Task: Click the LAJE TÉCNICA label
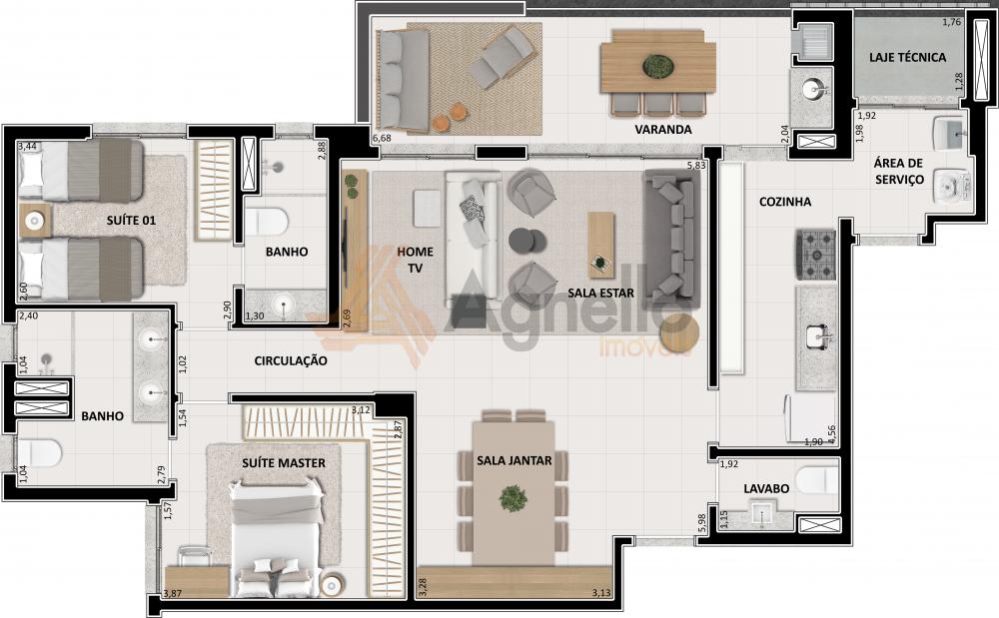pos(907,57)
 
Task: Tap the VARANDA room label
pos(662,129)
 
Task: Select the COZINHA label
pos(785,202)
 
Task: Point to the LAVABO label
pos(766,489)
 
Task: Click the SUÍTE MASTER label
pos(284,463)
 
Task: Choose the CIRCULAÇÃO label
pos(291,360)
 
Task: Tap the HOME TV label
pos(415,260)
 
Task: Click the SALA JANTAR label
pos(514,460)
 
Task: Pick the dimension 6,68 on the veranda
pos(382,138)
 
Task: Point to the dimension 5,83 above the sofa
pos(696,166)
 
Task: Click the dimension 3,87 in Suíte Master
pos(173,594)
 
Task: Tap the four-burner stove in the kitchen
pos(815,256)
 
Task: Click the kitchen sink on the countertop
pos(816,336)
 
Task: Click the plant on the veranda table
pos(658,66)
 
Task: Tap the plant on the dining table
pos(512,498)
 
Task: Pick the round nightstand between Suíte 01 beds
pos(34,221)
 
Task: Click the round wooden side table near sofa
pos(679,332)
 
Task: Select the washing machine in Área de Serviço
pos(952,187)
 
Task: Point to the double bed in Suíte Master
pos(276,540)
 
